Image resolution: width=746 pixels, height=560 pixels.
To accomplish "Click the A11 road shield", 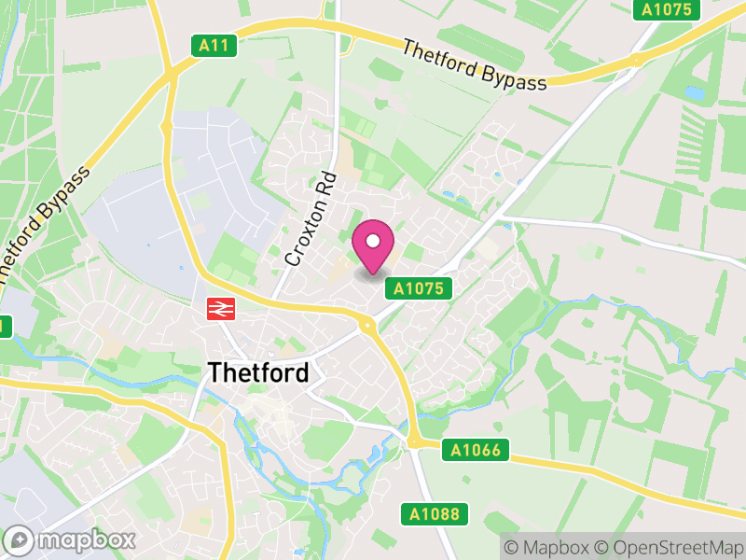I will [x=216, y=45].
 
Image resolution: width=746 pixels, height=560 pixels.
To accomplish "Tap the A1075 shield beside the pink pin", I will [x=418, y=289].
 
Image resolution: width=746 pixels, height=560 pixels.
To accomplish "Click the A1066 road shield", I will [x=474, y=451].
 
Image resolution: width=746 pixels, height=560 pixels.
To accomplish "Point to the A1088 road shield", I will [x=435, y=513].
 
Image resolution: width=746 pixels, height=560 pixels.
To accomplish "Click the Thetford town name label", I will [x=258, y=372].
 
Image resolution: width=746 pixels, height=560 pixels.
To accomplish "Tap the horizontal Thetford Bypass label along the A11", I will [x=475, y=64].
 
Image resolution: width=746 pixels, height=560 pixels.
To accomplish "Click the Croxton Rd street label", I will [x=311, y=218].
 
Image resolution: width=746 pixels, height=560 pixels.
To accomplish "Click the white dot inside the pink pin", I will [x=373, y=242].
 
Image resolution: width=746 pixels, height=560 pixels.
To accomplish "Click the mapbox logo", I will [x=72, y=539].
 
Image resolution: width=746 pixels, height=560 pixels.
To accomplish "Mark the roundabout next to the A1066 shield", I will [x=413, y=441].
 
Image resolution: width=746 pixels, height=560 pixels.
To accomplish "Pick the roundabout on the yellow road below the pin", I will [x=366, y=324].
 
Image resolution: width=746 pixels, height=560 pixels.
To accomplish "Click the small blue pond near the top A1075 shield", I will [x=695, y=92].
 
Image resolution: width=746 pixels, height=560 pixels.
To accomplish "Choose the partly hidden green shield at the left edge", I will [x=4, y=327].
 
